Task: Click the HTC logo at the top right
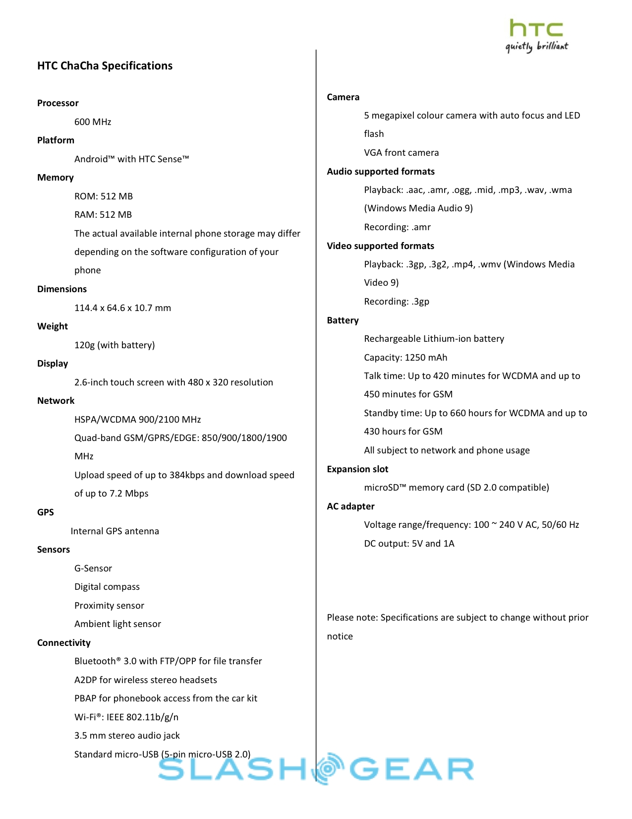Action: (x=536, y=35)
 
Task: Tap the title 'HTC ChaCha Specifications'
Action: (x=105, y=66)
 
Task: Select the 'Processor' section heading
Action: (x=57, y=103)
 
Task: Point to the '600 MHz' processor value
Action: (x=93, y=122)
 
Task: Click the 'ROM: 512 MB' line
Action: (x=104, y=196)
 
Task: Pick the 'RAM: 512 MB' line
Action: (x=103, y=215)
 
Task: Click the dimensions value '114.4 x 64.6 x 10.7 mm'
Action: (x=122, y=308)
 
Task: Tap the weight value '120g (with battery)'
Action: (x=115, y=345)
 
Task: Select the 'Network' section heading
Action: (x=56, y=401)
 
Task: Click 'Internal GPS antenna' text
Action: (x=115, y=531)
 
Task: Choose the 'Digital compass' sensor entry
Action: (x=107, y=587)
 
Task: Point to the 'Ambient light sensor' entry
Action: (x=117, y=624)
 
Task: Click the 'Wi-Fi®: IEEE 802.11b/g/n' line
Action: (x=126, y=717)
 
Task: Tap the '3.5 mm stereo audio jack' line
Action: (x=127, y=736)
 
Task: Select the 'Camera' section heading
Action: (x=343, y=97)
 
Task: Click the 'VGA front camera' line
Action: (x=401, y=153)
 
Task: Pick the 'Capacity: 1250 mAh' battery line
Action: (x=405, y=358)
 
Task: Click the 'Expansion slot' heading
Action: (x=357, y=469)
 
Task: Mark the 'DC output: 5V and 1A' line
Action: (x=409, y=544)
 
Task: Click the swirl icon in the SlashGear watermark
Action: (x=328, y=768)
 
